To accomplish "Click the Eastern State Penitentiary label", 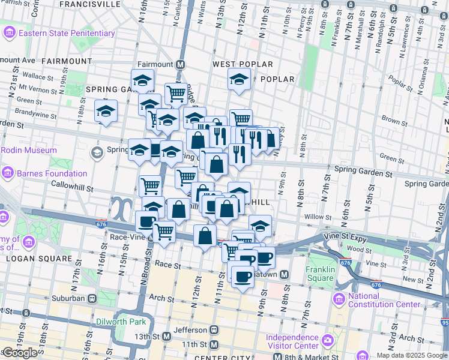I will [66, 33].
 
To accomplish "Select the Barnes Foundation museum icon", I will [8, 173].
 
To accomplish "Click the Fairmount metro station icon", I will [181, 64].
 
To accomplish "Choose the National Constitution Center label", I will [384, 300].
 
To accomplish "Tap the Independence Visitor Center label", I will [292, 341].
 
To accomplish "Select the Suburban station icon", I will [92, 298].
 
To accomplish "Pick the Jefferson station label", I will [189, 329].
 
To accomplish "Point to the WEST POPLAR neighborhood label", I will [243, 64].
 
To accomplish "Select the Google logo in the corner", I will [20, 353].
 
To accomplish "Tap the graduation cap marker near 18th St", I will [106, 111].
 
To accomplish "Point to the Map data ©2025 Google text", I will [412, 355].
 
